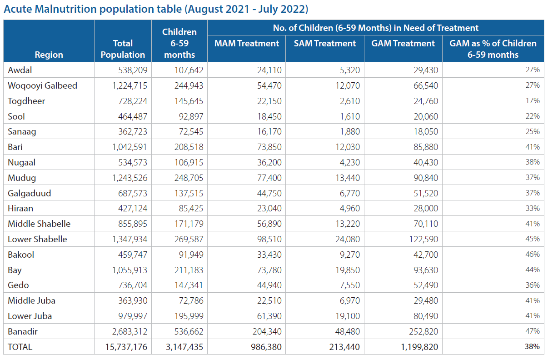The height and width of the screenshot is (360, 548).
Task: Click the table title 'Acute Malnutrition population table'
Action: [x=93, y=9]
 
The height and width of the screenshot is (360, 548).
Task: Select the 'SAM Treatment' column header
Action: [x=324, y=43]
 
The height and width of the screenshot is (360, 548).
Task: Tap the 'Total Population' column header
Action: [x=123, y=49]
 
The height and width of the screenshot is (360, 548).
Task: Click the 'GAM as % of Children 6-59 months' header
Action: [x=493, y=49]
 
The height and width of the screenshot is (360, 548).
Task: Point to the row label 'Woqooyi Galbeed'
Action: [x=43, y=85]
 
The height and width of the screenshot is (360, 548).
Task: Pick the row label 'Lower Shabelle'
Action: [x=37, y=239]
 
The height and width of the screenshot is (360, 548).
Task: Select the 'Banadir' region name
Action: [x=23, y=331]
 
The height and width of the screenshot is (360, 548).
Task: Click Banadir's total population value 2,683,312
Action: [x=130, y=332]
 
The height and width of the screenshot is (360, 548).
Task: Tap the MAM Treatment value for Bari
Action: [x=269, y=147]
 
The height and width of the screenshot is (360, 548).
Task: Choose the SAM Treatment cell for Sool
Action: [x=350, y=116]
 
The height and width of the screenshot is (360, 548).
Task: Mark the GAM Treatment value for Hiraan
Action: [x=426, y=209]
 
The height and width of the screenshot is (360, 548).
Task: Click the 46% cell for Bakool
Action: [x=533, y=254]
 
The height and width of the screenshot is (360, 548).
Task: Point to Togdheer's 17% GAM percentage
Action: [x=533, y=100]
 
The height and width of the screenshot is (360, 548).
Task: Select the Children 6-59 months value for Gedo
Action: [x=189, y=285]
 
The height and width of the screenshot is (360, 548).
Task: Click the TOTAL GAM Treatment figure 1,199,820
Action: [x=419, y=347]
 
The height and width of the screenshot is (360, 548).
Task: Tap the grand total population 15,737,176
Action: [x=126, y=347]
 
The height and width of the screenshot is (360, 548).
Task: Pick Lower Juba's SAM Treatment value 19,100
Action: [x=348, y=316]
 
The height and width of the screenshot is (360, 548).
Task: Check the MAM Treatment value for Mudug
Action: [x=269, y=178]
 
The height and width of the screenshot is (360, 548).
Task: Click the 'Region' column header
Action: [x=49, y=55]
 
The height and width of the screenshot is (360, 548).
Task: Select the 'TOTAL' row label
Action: [x=20, y=347]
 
